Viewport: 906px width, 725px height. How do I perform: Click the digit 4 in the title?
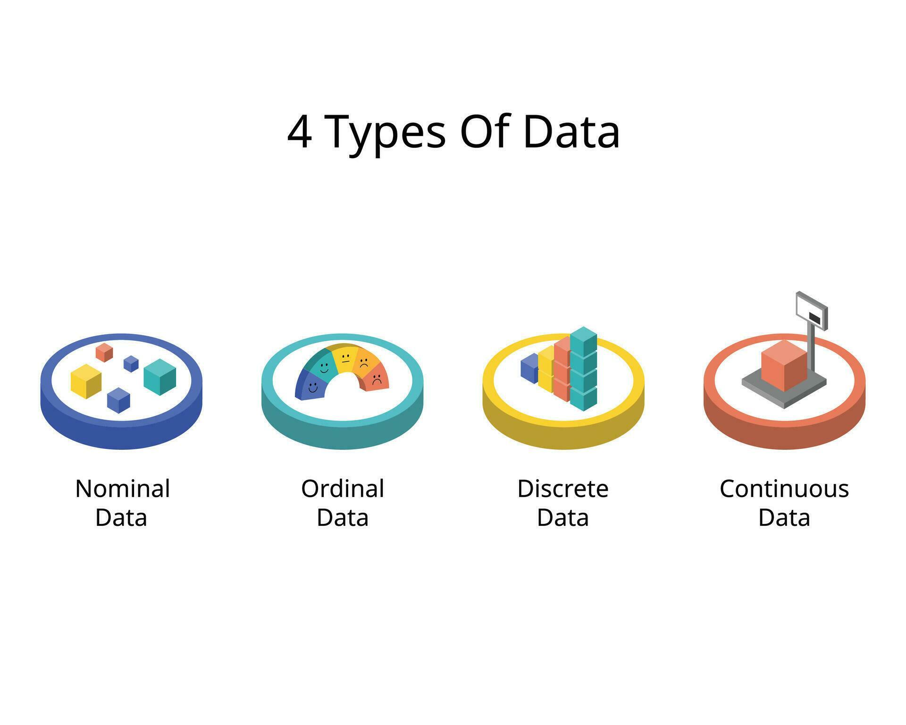point(299,132)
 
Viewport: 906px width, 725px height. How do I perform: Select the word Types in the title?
point(385,134)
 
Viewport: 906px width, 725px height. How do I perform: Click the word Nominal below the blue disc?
point(122,489)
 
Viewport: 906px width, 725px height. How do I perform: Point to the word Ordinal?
point(343,489)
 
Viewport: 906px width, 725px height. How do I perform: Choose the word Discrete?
point(562,489)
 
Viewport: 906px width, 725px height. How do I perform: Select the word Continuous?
point(784,489)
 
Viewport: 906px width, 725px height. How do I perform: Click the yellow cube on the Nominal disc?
point(86,381)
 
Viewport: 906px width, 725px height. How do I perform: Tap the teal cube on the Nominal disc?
point(159,376)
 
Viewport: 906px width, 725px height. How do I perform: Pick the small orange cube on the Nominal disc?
point(104,352)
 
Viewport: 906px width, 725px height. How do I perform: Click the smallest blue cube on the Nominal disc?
point(131,363)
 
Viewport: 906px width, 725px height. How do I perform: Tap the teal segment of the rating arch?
point(321,366)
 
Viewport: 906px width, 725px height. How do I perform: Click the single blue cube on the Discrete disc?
point(529,368)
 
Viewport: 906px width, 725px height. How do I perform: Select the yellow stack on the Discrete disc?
point(546,369)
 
